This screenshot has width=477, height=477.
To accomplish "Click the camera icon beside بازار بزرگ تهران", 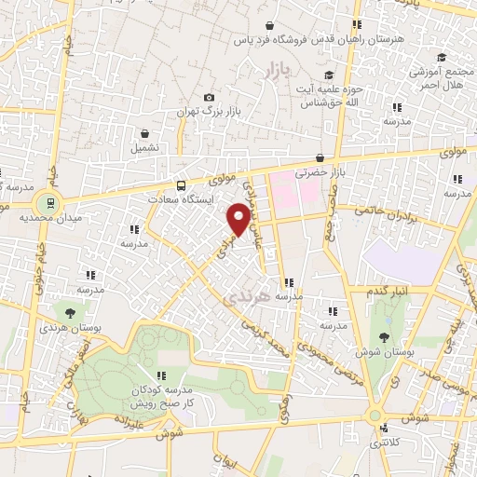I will coord(209,98).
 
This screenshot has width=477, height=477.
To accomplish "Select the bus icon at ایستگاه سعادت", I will coord(181,185).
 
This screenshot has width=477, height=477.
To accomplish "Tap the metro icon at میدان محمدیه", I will coord(44,201).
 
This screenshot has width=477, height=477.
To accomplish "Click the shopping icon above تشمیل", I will coord(144,134).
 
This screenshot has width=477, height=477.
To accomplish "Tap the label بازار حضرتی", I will coord(320,173).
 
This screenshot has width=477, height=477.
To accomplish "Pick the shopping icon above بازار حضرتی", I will coord(320,159).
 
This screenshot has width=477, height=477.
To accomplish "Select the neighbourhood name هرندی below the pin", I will coord(247,296).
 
